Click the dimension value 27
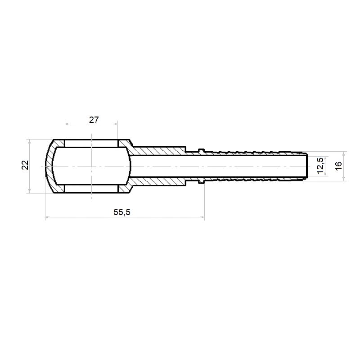(94, 120)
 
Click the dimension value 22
(25, 165)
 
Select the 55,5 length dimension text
(122, 212)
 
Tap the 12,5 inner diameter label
(320, 166)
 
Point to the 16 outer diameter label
(338, 166)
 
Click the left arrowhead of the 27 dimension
(67, 124)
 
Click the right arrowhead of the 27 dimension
(116, 124)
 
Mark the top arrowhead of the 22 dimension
(29, 141)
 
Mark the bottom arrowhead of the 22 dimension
(29, 191)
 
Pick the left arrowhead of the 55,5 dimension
(47, 217)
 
